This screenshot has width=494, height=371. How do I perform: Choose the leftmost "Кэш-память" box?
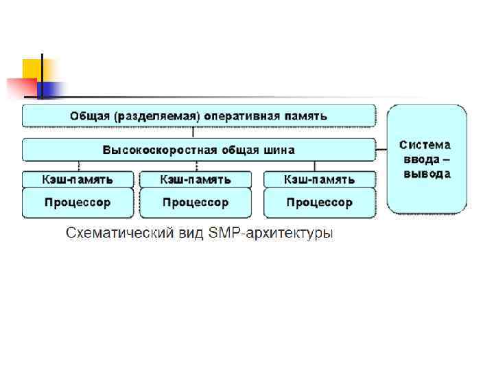(x=78, y=179)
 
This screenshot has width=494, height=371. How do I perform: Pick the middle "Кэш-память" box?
(x=196, y=179)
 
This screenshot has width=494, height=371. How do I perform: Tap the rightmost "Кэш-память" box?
(x=320, y=179)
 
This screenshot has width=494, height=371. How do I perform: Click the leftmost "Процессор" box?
(x=78, y=203)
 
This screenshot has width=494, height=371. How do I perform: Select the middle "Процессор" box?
(x=196, y=203)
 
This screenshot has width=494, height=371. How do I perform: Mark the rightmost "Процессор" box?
(x=320, y=203)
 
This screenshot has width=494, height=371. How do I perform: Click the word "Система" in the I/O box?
(x=425, y=145)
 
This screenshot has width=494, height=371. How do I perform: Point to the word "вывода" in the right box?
(x=426, y=174)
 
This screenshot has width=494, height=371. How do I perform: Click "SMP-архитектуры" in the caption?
(x=274, y=234)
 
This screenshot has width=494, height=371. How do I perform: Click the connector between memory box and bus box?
(x=195, y=133)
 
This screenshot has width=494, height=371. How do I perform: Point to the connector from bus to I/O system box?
(x=381, y=150)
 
